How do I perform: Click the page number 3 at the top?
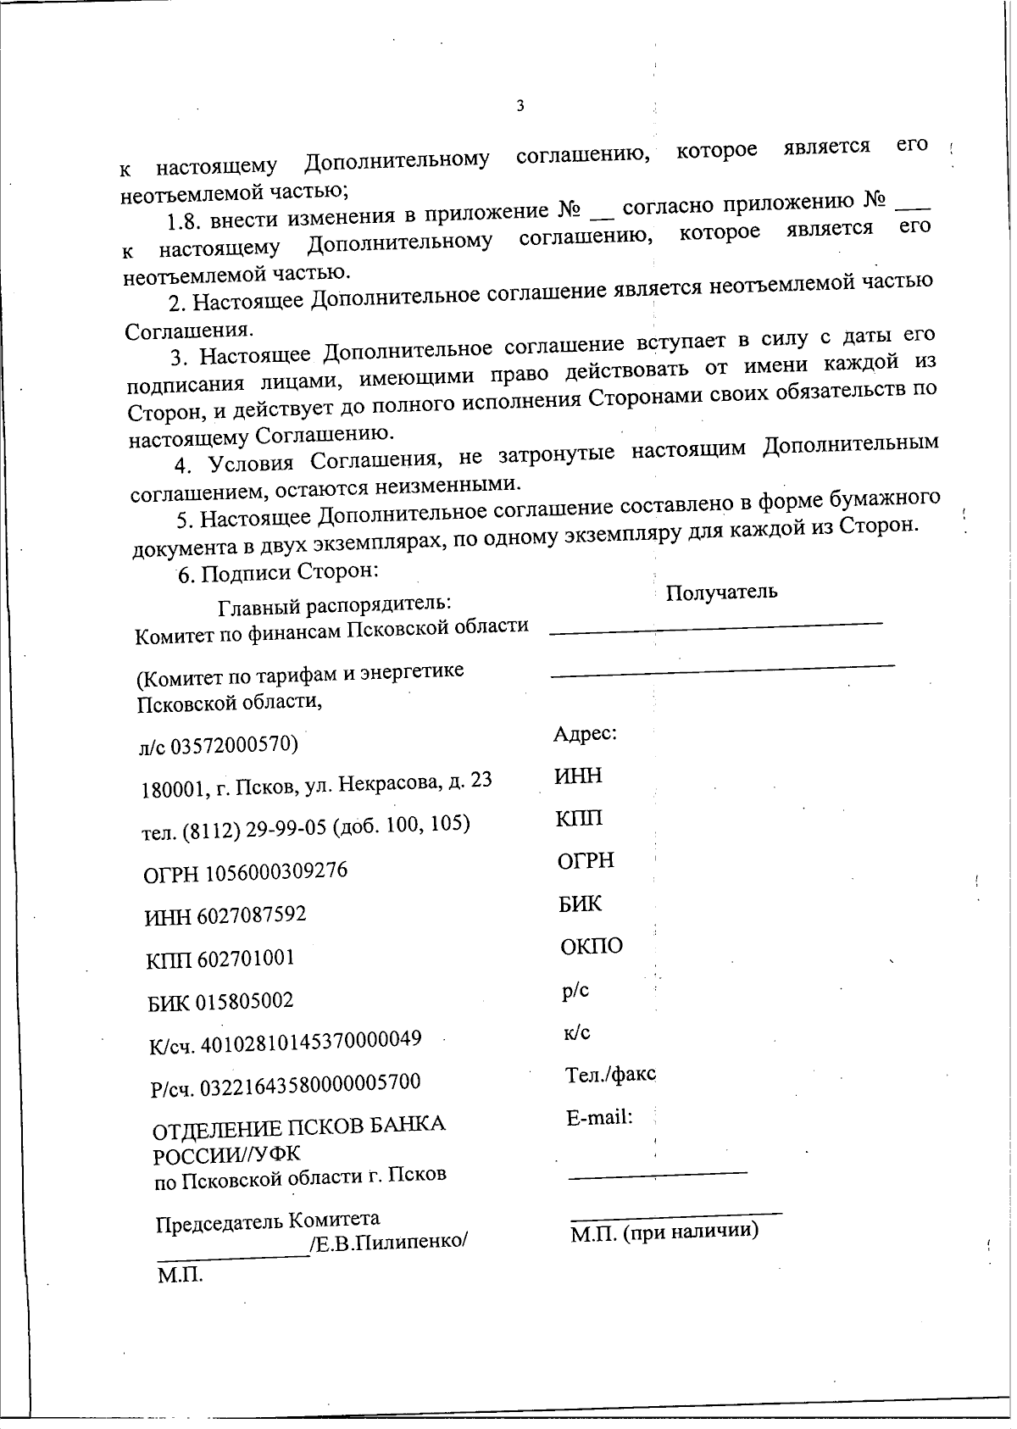(x=520, y=107)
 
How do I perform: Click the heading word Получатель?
(x=721, y=592)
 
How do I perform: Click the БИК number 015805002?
(x=245, y=1001)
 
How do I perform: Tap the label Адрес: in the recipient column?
(x=585, y=734)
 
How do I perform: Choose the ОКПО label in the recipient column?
(x=592, y=946)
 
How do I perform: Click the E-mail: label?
(x=599, y=1118)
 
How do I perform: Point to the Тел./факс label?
(x=610, y=1075)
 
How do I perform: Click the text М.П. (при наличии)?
(x=664, y=1232)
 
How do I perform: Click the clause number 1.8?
(x=184, y=222)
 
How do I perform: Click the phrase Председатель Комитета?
(x=268, y=1220)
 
